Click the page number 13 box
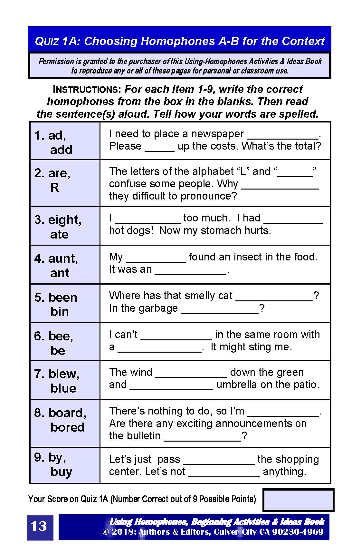(x=40, y=527)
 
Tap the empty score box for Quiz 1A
(x=298, y=500)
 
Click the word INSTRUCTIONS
(x=87, y=89)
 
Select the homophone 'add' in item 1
(x=61, y=150)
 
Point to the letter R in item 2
(x=54, y=188)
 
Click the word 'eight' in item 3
(x=64, y=220)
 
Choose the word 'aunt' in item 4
(x=62, y=258)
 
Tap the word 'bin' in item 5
(x=60, y=312)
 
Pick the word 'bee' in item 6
(x=60, y=336)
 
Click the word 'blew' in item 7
(x=63, y=374)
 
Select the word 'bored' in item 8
(x=67, y=427)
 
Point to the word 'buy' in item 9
(x=61, y=472)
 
